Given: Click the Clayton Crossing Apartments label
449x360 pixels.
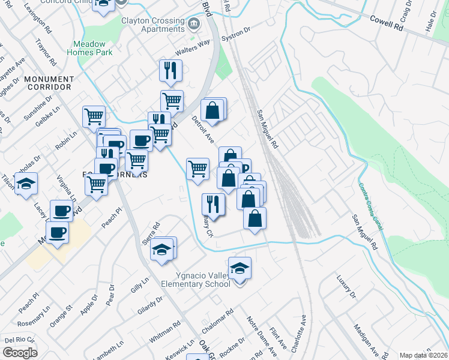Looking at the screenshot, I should pyautogui.click(x=152, y=25).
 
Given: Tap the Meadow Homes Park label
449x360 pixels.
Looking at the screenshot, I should pyautogui.click(x=92, y=48).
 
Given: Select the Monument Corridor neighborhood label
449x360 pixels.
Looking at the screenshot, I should pyautogui.click(x=49, y=83).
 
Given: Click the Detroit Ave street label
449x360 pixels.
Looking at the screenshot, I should pyautogui.click(x=203, y=130).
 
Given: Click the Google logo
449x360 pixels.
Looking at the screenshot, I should pyautogui.click(x=20, y=352).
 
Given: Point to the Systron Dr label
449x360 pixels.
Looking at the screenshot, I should pyautogui.click(x=236, y=37).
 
